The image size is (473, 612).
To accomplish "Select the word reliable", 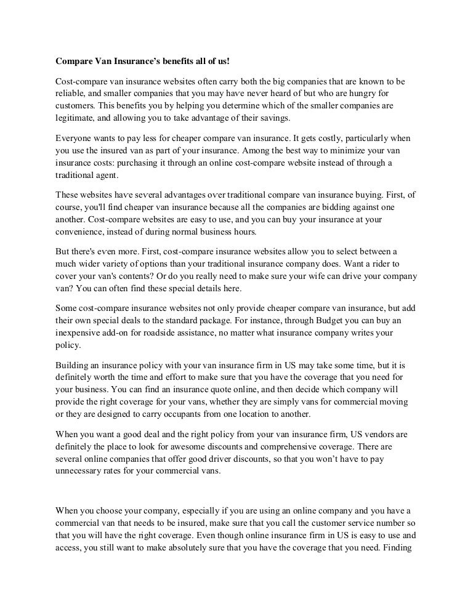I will click(70, 93).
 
